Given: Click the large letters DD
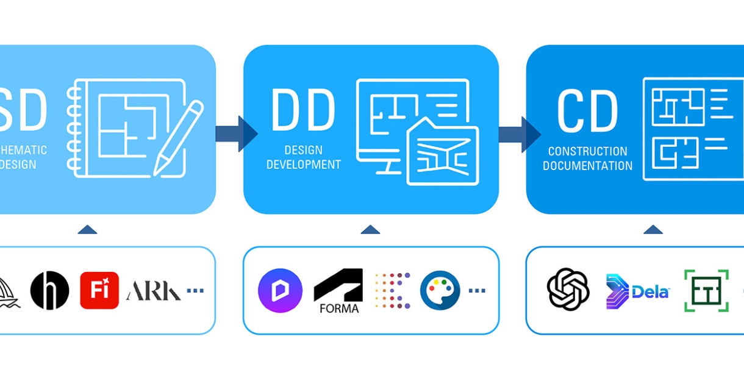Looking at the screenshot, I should tap(303, 111).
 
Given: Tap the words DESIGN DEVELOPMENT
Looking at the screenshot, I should tap(303, 157).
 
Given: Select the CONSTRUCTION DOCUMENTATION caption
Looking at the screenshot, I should tap(587, 159).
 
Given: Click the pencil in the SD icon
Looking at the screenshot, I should tap(178, 138).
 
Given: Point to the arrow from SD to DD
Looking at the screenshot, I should tap(236, 134).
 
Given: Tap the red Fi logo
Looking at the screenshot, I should tap(99, 291).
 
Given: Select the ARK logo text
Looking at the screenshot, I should tap(153, 291).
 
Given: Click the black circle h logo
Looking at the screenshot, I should tap(49, 291).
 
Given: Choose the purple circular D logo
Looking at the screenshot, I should tap(281, 291).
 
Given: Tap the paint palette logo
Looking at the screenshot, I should tap(440, 291).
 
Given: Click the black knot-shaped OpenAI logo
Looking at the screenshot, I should tap(568, 290).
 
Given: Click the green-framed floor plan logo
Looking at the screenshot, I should tap(706, 291).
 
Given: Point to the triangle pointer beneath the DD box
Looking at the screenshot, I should tap(370, 230).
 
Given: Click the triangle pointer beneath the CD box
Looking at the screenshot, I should tap(653, 230).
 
